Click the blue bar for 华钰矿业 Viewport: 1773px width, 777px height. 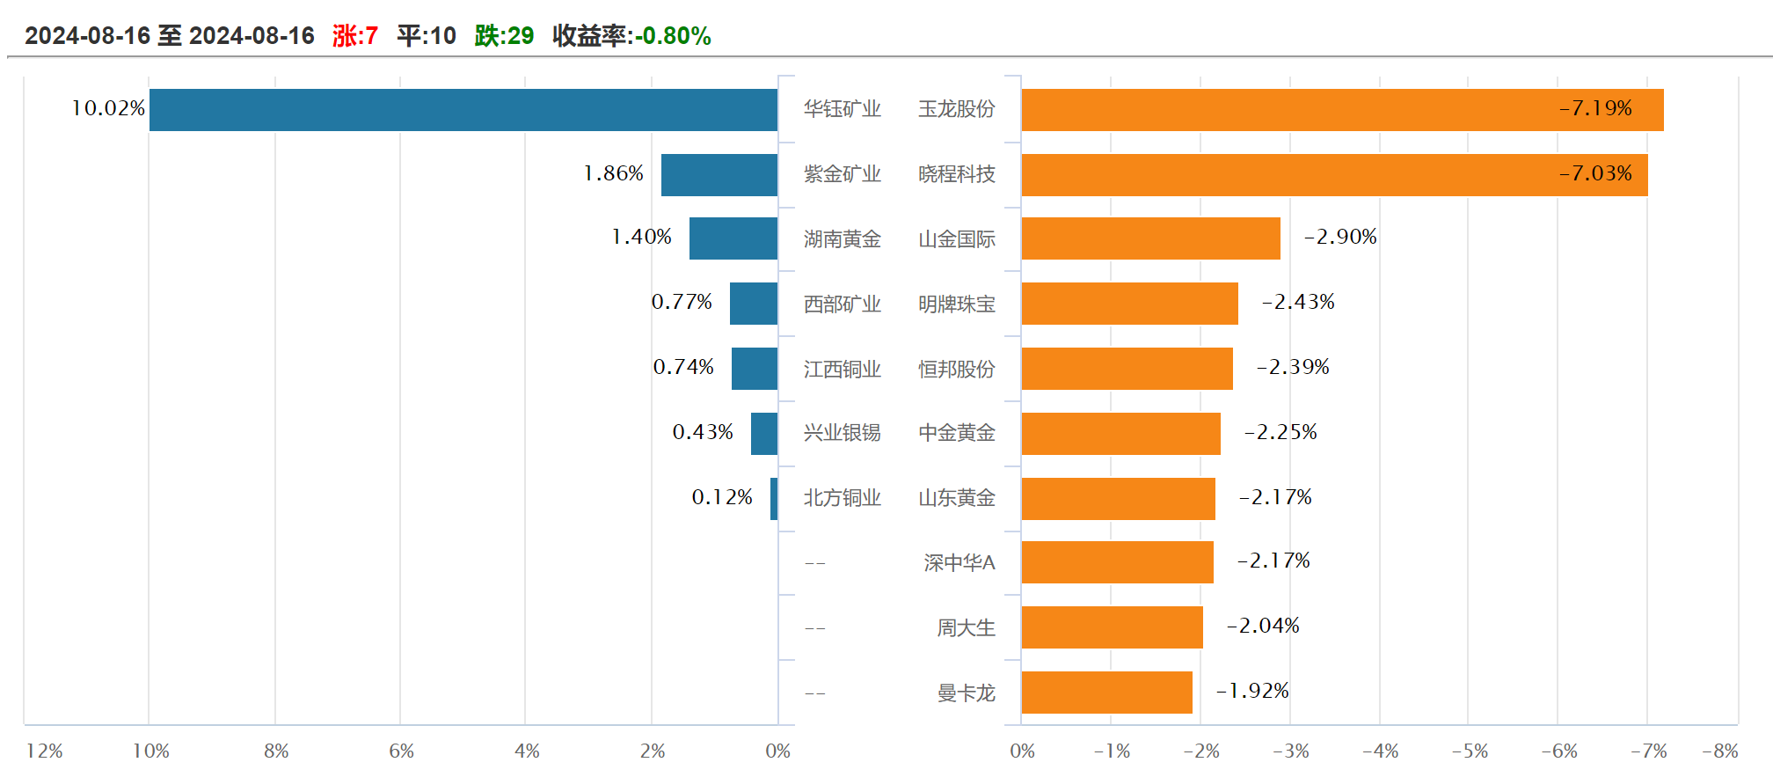pyautogui.click(x=463, y=110)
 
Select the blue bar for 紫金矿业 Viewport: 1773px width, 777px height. pyautogui.click(x=719, y=175)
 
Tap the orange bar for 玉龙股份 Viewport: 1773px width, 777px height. pyautogui.click(x=1342, y=110)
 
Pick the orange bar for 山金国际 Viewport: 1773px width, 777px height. pyautogui.click(x=1150, y=238)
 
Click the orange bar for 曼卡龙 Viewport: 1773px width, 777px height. pyautogui.click(x=1106, y=693)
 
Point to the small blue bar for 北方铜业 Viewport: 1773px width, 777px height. pyautogui.click(x=774, y=499)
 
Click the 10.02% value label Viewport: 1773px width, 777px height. pyautogui.click(x=108, y=108)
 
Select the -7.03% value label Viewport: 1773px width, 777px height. pyautogui.click(x=1595, y=173)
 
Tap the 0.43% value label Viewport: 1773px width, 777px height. pyautogui.click(x=703, y=432)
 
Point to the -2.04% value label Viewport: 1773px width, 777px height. pyautogui.click(x=1263, y=626)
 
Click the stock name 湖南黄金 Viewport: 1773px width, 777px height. pyautogui.click(x=842, y=239)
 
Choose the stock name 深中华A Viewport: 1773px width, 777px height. pyautogui.click(x=959, y=563)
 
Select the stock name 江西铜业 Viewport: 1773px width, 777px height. pyautogui.click(x=842, y=370)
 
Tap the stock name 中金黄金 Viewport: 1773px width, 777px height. pyautogui.click(x=957, y=433)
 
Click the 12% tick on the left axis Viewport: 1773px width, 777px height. pyautogui.click(x=45, y=751)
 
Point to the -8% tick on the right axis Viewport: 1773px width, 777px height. pyautogui.click(x=1719, y=751)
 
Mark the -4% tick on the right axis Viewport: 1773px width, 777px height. pyautogui.click(x=1380, y=751)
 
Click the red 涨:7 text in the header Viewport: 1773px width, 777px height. pyautogui.click(x=355, y=36)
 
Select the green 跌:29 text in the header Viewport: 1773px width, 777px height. pyautogui.click(x=504, y=36)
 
